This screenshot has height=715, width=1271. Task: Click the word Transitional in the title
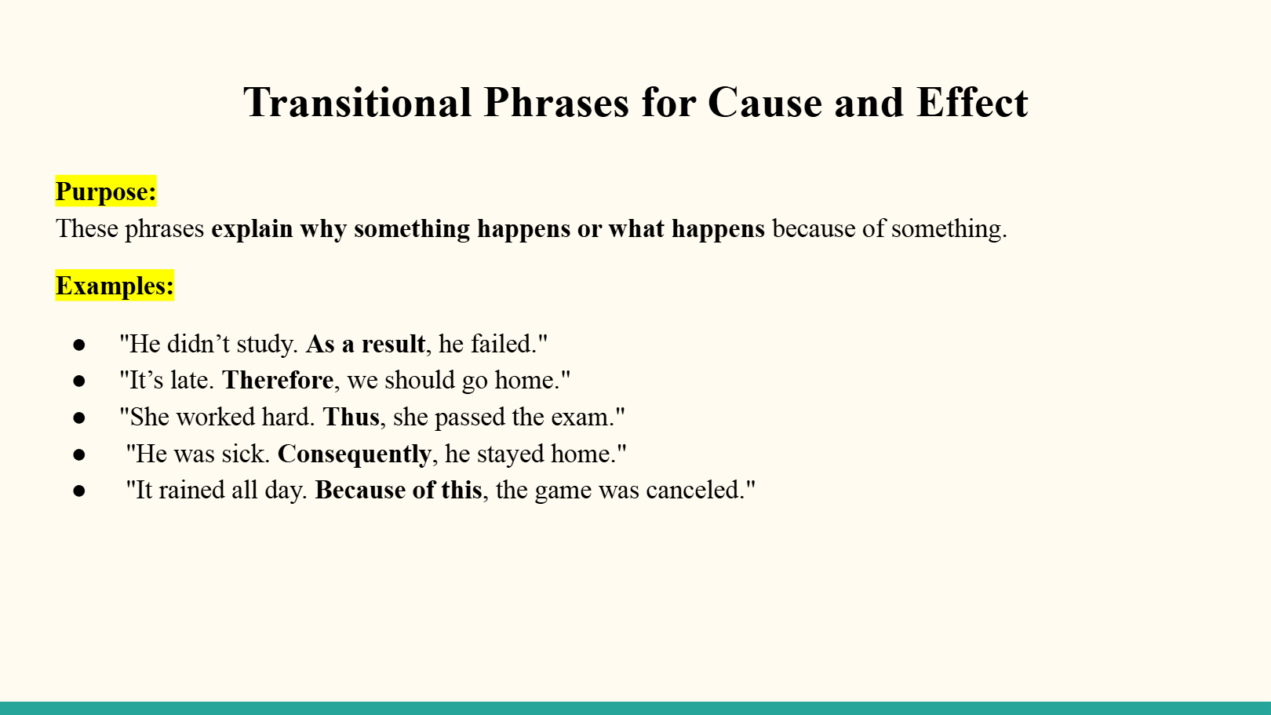(357, 103)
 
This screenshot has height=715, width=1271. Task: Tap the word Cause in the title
(765, 103)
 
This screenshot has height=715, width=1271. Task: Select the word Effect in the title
(972, 103)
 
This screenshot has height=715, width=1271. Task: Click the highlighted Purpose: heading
(106, 192)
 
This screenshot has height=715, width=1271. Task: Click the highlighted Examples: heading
(115, 286)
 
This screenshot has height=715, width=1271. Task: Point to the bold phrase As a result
(366, 344)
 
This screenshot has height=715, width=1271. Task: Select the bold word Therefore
(278, 380)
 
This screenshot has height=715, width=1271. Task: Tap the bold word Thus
(351, 417)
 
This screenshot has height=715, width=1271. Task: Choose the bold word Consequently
(355, 454)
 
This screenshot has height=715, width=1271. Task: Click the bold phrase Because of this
(399, 491)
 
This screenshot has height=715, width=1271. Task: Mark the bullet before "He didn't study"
(79, 345)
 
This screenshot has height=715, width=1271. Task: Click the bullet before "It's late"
(79, 381)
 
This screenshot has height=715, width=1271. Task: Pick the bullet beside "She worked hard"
(79, 418)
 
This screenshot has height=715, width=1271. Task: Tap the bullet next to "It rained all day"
(79, 491)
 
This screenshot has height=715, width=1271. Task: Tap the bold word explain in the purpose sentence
(252, 229)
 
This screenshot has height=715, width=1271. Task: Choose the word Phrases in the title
(556, 103)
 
